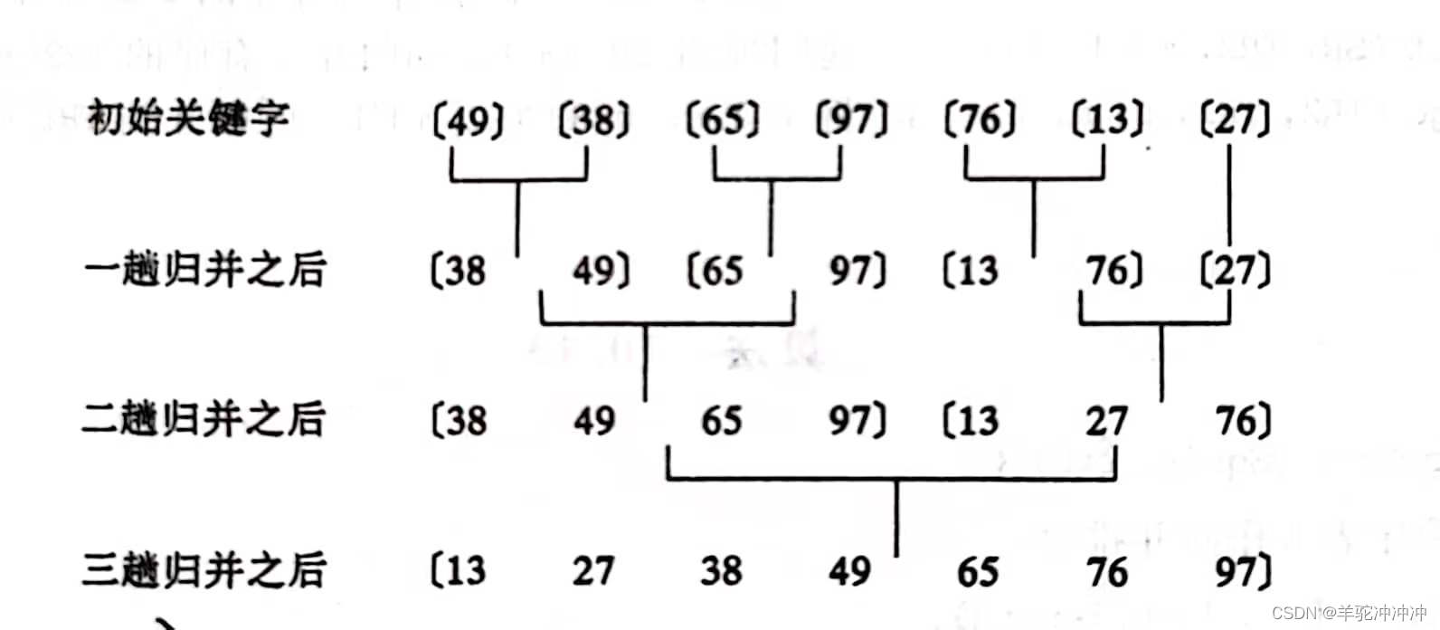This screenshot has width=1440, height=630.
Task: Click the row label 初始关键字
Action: [188, 119]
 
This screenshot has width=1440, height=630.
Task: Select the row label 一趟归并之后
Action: [204, 270]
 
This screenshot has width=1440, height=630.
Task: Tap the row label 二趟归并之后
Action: [204, 419]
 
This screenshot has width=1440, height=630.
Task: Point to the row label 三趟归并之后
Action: [204, 570]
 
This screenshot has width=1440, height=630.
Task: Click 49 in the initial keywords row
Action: [469, 119]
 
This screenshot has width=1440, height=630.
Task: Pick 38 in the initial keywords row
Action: [594, 119]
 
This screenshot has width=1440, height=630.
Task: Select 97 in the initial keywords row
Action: [851, 119]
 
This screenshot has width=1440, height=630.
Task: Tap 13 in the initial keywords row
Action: [1108, 119]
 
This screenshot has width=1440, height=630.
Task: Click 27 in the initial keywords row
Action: [1236, 119]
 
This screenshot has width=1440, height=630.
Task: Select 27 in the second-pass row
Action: [1107, 421]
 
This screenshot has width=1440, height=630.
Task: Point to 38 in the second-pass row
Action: [466, 421]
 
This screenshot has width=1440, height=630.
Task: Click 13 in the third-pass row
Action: [465, 571]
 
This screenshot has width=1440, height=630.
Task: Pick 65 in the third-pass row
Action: [978, 571]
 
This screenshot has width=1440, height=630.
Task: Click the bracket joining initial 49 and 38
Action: [518, 180]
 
